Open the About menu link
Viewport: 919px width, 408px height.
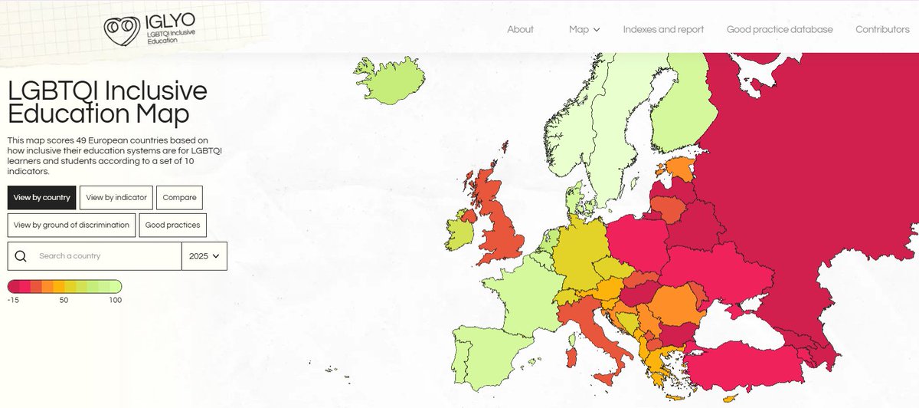tap(520, 29)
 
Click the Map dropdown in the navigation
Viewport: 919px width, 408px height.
tap(584, 29)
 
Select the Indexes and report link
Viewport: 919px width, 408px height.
tap(663, 29)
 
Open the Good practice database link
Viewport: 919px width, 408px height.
tap(780, 29)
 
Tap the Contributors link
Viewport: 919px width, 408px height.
tap(882, 29)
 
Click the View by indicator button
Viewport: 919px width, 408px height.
tap(116, 197)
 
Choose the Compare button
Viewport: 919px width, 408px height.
tap(180, 197)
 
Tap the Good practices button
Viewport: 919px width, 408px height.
tap(173, 225)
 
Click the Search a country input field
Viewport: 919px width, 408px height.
tap(107, 256)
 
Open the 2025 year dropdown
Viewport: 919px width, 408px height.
tap(204, 256)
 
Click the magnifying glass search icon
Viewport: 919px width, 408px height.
tap(21, 256)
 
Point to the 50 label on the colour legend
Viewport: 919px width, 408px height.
tap(64, 300)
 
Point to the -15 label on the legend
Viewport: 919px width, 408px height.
tap(13, 300)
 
